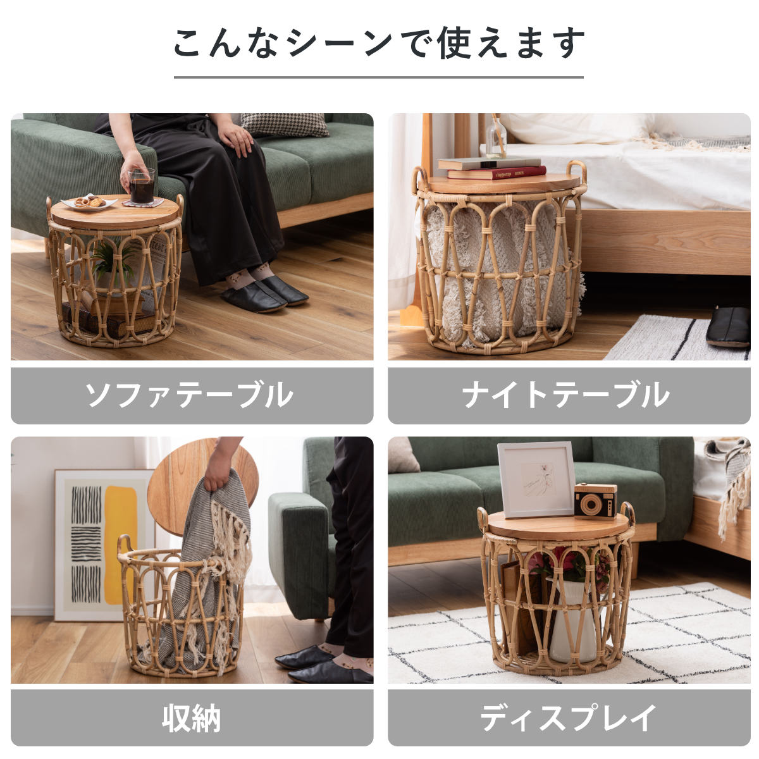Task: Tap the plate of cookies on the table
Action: [89, 203]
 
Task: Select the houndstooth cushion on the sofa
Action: [285, 125]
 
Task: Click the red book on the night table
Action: [497, 173]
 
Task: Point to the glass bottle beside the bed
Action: [496, 138]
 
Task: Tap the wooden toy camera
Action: [595, 500]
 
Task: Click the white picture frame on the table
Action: [536, 479]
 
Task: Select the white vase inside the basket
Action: [572, 620]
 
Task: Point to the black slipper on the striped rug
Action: [728, 326]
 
